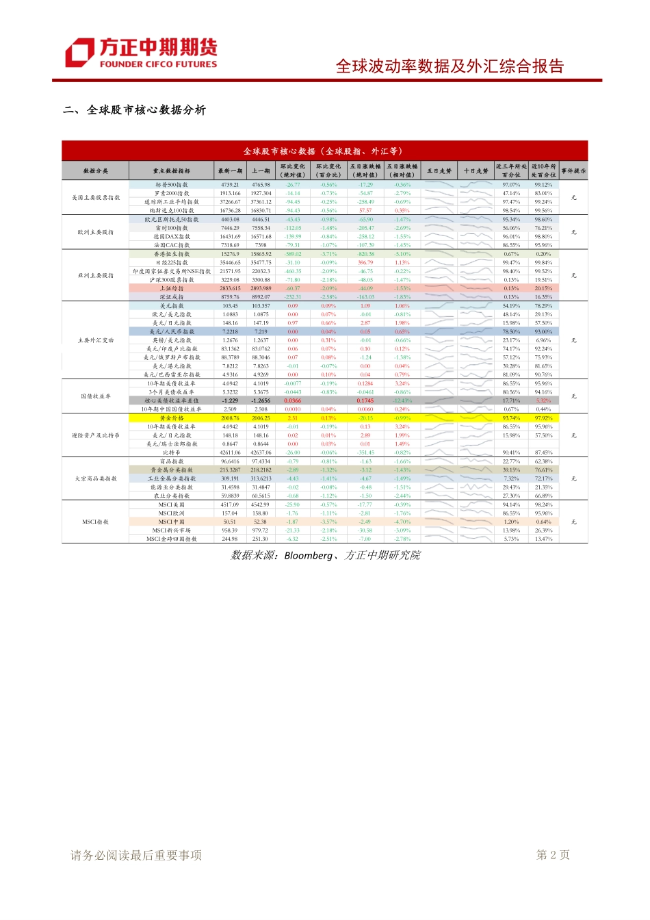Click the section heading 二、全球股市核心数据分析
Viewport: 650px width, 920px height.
click(x=134, y=110)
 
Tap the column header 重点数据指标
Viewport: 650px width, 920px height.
click(x=171, y=171)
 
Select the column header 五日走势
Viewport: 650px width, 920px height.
click(x=439, y=171)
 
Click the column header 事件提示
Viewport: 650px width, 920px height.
click(x=573, y=171)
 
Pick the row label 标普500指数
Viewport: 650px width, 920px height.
click(x=171, y=185)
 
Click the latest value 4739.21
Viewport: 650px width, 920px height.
click(x=230, y=185)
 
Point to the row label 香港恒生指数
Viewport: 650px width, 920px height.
click(x=171, y=254)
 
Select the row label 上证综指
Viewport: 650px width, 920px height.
click(x=171, y=288)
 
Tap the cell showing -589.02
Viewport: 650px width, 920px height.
click(x=293, y=254)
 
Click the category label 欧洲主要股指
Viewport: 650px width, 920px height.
click(x=96, y=232)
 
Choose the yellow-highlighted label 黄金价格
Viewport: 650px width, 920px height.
click(x=171, y=418)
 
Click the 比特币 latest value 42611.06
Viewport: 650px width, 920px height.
click(x=230, y=452)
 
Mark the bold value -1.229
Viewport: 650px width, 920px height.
click(x=230, y=401)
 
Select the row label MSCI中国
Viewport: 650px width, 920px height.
click(x=171, y=522)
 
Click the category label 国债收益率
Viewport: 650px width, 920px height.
click(x=96, y=396)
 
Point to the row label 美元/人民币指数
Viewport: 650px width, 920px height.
click(x=171, y=331)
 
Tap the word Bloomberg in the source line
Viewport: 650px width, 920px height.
click(x=309, y=555)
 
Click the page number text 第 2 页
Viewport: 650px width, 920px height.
click(x=553, y=855)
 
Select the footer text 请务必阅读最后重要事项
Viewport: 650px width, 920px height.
click(x=136, y=855)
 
